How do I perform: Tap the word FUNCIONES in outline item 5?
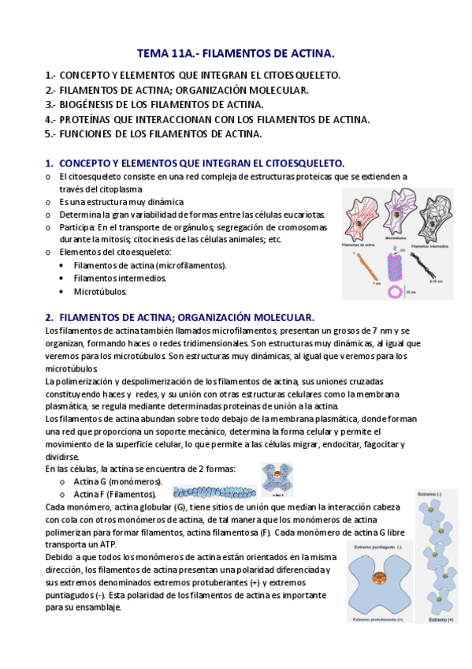point(91,134)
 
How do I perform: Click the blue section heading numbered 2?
point(180,316)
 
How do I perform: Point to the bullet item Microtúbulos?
point(100,291)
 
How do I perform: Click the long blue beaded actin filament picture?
point(214,493)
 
